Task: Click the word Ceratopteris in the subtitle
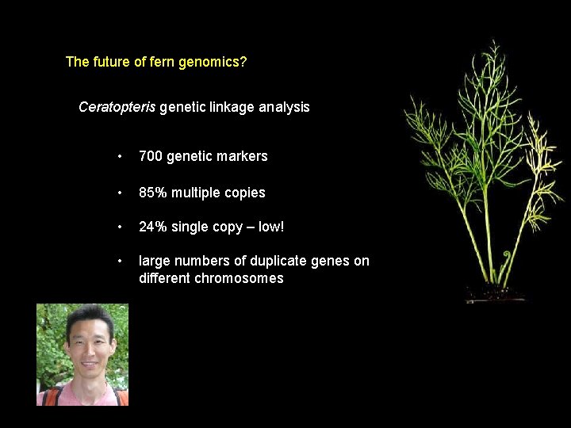tap(117, 106)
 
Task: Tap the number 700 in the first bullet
tap(150, 156)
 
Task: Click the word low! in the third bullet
tap(270, 227)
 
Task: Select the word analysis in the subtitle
tap(284, 106)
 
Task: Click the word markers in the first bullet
tap(243, 156)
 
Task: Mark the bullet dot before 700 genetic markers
tap(119, 157)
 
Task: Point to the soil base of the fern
tap(496, 295)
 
